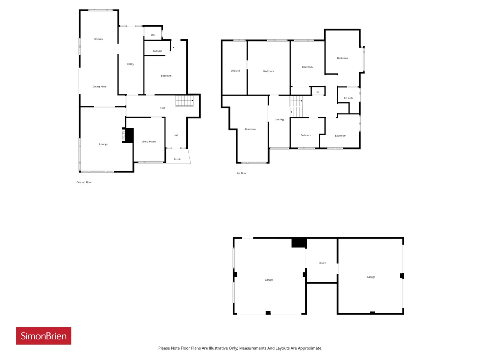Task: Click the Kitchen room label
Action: click(98, 39)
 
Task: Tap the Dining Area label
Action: click(99, 87)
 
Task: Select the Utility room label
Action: click(130, 64)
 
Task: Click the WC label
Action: click(153, 35)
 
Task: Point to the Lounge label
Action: click(103, 144)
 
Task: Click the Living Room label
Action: click(148, 141)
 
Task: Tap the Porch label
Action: click(177, 159)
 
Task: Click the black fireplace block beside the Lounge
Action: click(129, 135)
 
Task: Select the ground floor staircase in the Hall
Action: click(184, 101)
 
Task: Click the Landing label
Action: click(279, 119)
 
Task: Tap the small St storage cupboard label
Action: click(318, 91)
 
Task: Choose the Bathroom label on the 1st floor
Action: click(340, 135)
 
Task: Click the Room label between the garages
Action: click(322, 263)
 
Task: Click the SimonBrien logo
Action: click(43, 336)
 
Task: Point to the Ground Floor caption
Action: click(84, 182)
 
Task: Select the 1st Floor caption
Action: click(241, 173)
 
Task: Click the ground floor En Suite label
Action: click(157, 51)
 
